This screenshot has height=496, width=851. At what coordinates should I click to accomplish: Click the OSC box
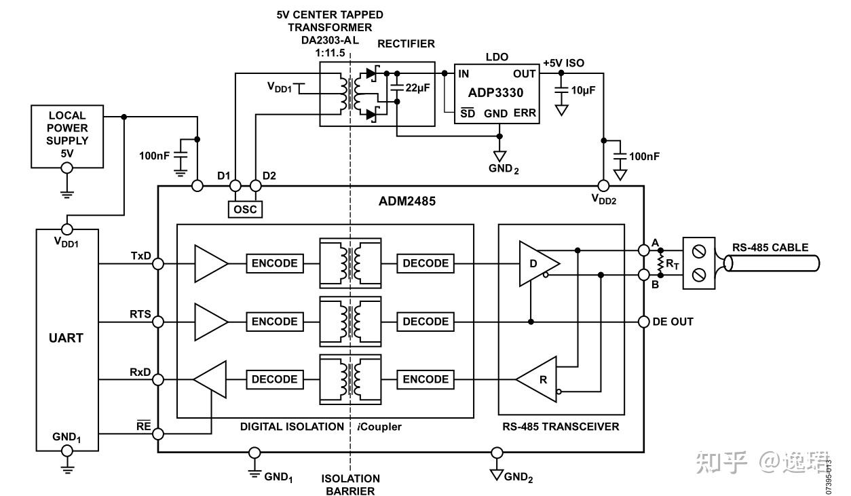[x=245, y=209]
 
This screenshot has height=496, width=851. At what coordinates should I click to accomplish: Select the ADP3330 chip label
[x=495, y=93]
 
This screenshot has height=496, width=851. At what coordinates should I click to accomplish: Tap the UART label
[x=67, y=337]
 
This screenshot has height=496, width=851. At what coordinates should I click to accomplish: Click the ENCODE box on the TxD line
[x=274, y=263]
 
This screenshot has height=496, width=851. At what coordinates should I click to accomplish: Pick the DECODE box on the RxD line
[x=274, y=379]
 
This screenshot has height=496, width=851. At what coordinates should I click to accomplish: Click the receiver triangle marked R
[x=540, y=379]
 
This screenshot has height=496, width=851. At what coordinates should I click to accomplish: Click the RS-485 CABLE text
[x=770, y=248]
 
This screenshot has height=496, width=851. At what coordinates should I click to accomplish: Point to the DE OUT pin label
[x=673, y=322]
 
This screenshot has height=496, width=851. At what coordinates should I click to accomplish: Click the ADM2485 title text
[x=407, y=202]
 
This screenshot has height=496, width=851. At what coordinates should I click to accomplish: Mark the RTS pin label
[x=140, y=315]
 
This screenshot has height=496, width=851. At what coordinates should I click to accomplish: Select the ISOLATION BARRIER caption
[x=350, y=484]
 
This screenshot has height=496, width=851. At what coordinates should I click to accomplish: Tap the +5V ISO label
[x=563, y=63]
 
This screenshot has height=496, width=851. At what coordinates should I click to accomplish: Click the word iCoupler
[x=379, y=427]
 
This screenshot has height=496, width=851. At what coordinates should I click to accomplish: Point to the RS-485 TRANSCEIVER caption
[x=561, y=427]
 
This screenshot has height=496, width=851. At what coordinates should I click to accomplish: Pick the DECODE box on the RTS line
[x=425, y=322]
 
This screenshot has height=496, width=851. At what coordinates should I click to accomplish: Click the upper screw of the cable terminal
[x=700, y=252]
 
